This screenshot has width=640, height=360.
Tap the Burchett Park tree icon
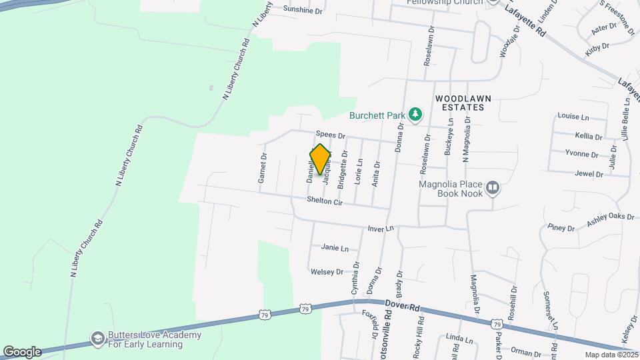click(x=416, y=114)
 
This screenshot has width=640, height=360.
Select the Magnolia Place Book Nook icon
click(x=493, y=188)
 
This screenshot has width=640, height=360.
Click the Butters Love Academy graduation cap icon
click(x=98, y=339)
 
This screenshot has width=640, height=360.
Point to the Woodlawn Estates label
click(x=463, y=103)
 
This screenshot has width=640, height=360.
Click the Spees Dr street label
click(x=331, y=135)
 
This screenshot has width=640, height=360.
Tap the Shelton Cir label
click(x=324, y=201)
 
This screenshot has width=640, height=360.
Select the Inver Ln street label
click(x=381, y=229)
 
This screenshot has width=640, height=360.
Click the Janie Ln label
click(x=335, y=248)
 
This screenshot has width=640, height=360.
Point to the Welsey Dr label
click(x=326, y=271)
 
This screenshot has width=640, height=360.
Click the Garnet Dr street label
click(x=262, y=168)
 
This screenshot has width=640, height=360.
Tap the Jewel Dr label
click(x=589, y=174)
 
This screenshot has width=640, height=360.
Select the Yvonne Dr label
click(x=582, y=154)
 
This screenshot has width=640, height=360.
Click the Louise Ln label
click(x=573, y=116)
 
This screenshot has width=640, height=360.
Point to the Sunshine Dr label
click(x=303, y=9)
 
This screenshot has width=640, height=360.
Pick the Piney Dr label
click(x=561, y=228)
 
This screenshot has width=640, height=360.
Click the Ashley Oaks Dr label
click(x=610, y=220)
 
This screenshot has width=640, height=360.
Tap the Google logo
click(x=21, y=351)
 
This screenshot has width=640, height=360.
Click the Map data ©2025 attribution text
click(x=611, y=355)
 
